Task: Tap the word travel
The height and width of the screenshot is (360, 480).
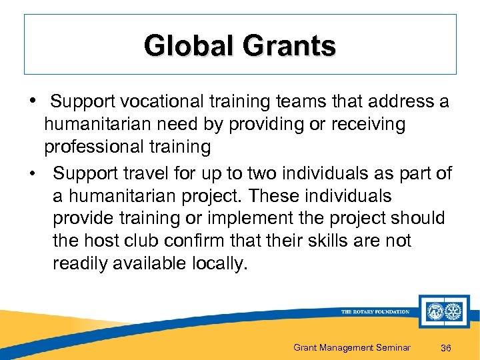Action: coord(150,174)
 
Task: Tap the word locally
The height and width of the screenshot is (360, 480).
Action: coord(219,263)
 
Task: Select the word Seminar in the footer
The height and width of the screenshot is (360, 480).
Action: coord(391,347)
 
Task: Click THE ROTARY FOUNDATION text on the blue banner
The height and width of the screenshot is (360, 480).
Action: coord(375,312)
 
